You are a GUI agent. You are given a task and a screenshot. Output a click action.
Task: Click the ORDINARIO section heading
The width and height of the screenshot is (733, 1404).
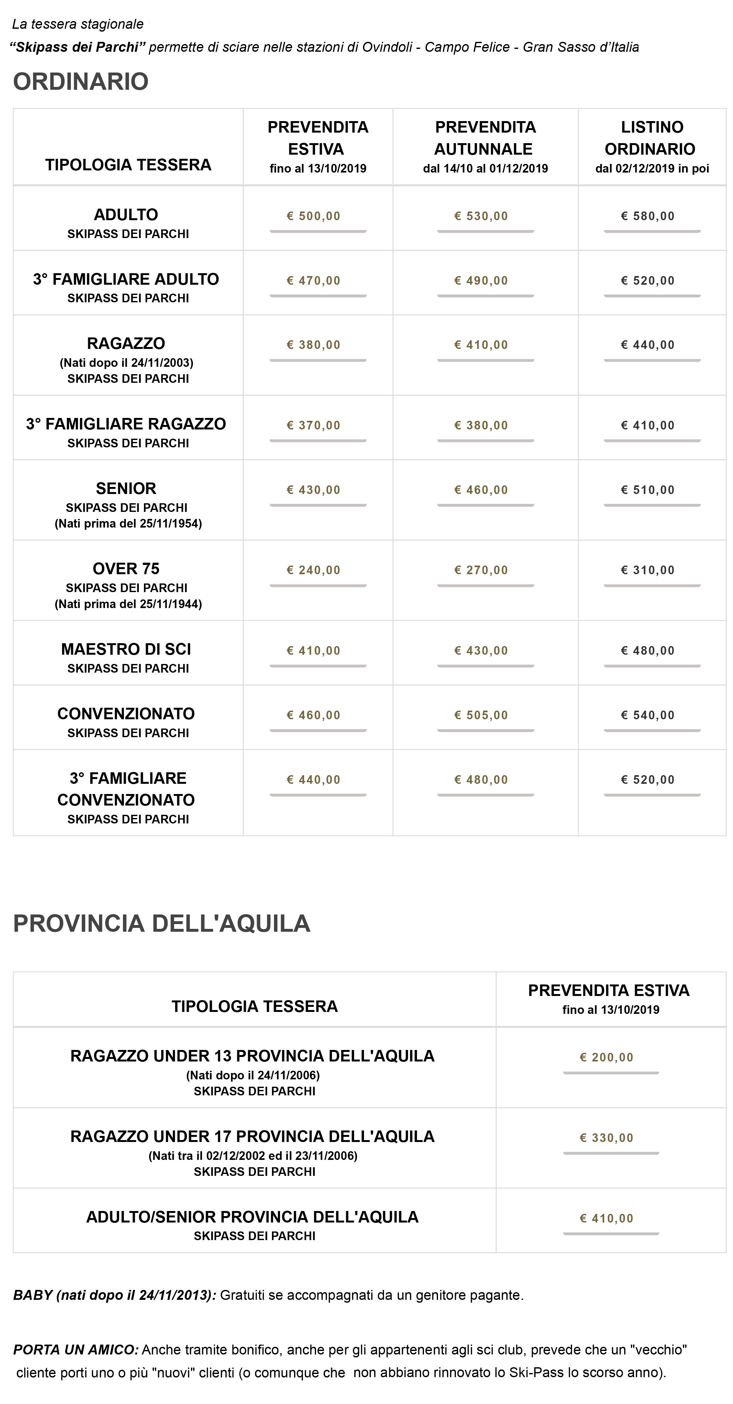coord(80,82)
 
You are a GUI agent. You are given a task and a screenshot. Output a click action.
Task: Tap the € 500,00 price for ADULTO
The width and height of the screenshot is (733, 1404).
coord(314,216)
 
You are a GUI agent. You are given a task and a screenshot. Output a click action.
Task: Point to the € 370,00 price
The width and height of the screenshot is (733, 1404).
coord(314,425)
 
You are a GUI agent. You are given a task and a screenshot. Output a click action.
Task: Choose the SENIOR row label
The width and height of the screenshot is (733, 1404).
coord(126,488)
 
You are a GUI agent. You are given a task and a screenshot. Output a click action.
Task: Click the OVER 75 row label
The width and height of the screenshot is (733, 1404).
coord(126,568)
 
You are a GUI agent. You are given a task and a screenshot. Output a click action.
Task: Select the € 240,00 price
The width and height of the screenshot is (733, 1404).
coord(314,570)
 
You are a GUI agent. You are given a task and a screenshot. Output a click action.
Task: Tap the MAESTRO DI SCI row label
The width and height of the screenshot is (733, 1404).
coord(126,649)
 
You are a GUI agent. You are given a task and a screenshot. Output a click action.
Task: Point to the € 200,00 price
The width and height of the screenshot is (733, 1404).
coord(607,1057)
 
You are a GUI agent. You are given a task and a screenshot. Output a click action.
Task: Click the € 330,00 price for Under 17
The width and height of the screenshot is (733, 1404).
coord(607,1138)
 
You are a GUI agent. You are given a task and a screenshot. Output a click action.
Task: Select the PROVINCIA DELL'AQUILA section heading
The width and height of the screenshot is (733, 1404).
coord(162,924)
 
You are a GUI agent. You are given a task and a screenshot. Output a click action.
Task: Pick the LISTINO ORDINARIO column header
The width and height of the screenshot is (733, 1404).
coord(651,138)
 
